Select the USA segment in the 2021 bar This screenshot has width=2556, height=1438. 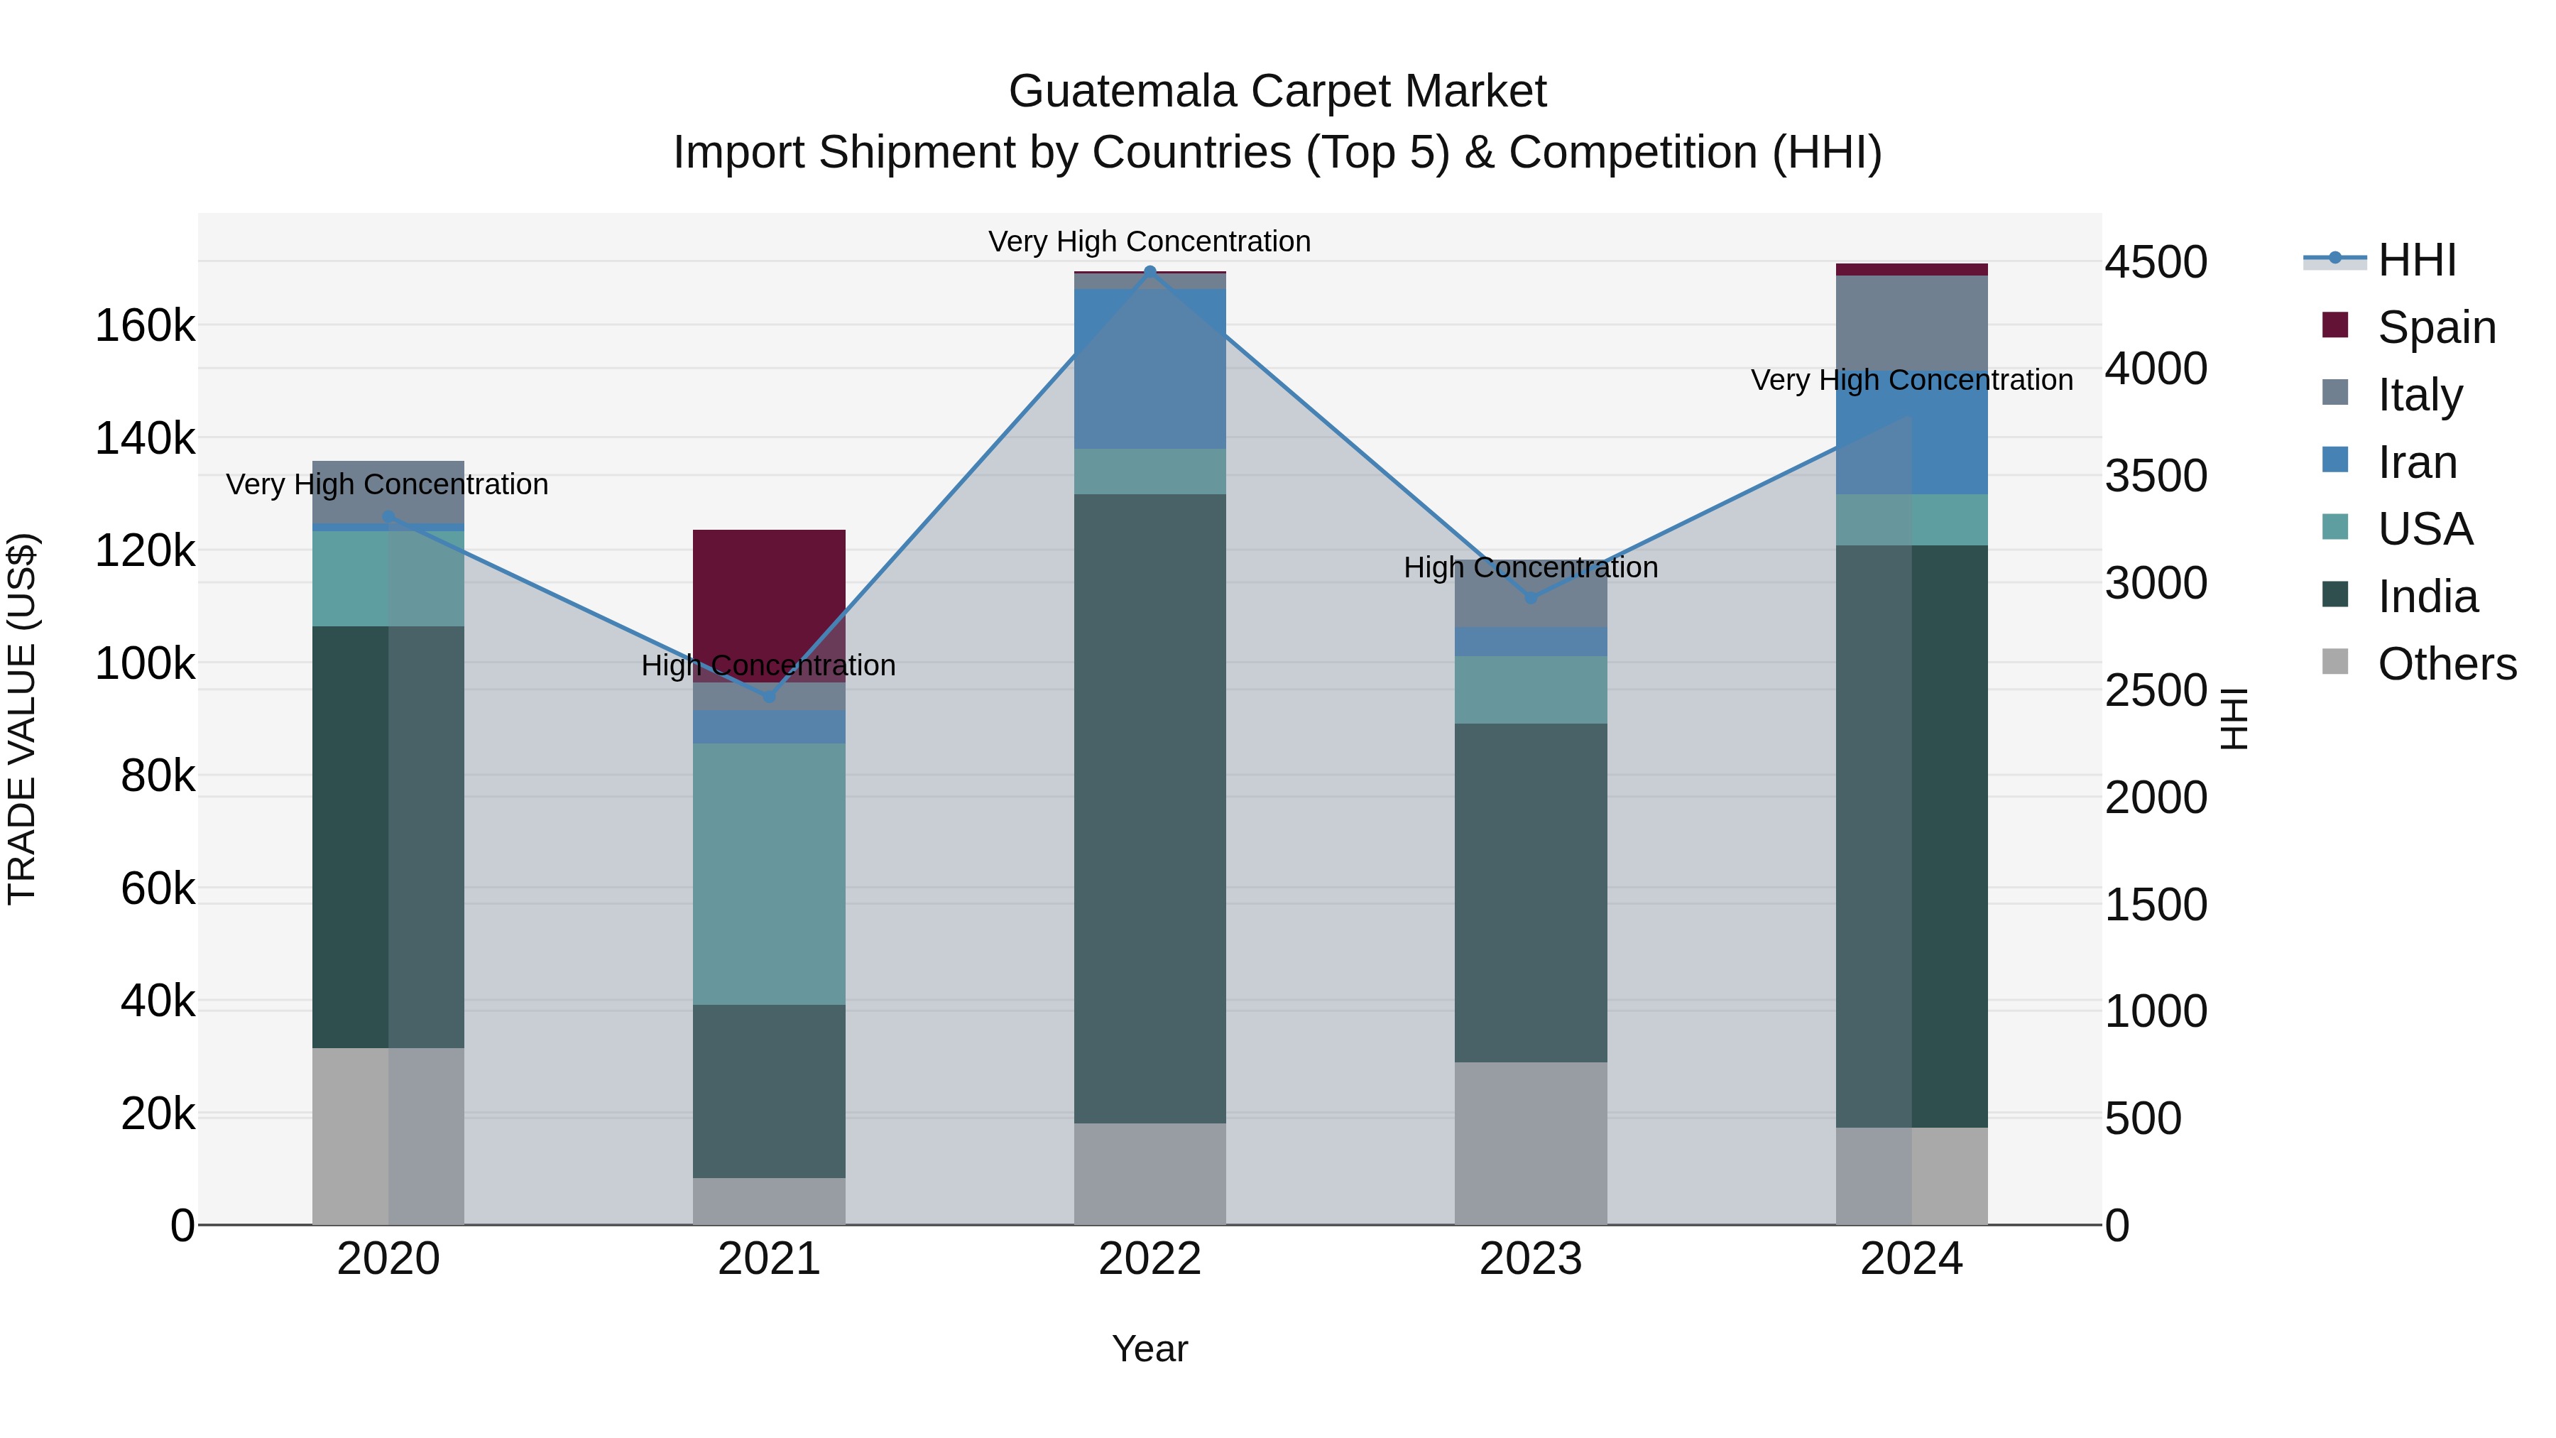(x=768, y=873)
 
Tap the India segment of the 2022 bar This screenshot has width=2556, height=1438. (x=1150, y=809)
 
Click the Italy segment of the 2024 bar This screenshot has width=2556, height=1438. (x=1911, y=322)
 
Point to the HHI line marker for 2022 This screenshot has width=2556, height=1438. (x=1150, y=271)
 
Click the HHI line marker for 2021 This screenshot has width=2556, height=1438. (x=768, y=697)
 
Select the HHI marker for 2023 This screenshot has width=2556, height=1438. (x=1530, y=597)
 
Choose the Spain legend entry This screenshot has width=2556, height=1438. (x=2435, y=327)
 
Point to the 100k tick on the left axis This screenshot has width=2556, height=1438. (x=145, y=663)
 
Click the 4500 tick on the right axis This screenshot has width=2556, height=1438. (x=2155, y=263)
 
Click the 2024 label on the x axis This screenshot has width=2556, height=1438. (x=1911, y=1259)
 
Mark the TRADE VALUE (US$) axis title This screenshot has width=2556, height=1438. (x=22, y=719)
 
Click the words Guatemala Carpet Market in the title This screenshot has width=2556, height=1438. (x=1277, y=92)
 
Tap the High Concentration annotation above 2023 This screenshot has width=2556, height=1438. (x=1530, y=567)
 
